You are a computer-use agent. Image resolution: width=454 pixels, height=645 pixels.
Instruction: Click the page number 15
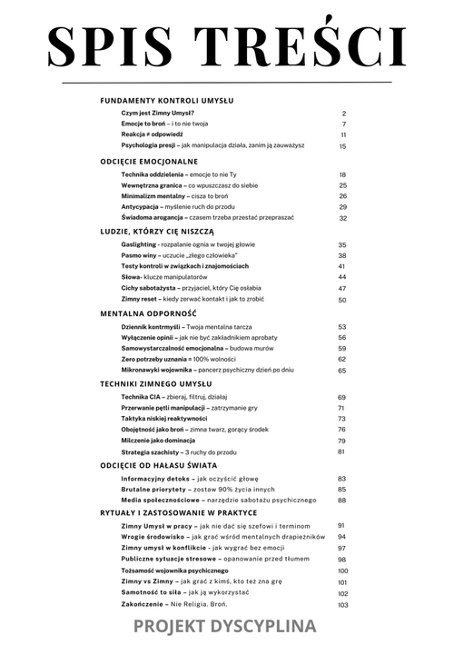343,145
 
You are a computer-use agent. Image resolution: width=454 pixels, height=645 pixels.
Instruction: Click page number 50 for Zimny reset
342,300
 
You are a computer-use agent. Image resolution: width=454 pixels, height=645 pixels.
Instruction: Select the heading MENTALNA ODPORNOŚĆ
149,313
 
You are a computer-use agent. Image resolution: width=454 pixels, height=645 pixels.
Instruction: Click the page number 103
342,605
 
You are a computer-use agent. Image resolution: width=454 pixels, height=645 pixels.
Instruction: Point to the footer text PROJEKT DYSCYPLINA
224,626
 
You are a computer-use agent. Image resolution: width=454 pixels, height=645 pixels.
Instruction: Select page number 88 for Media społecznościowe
342,500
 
